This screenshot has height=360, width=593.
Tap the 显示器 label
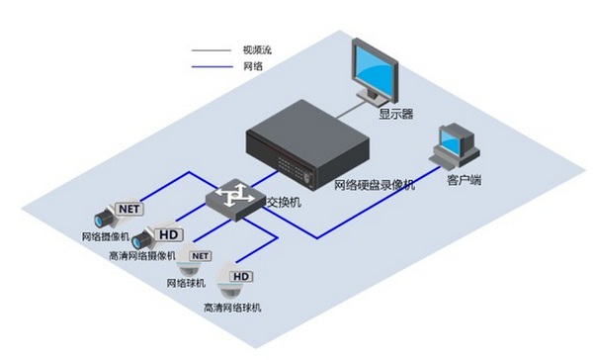(x=396, y=113)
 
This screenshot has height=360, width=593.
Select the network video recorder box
(x=305, y=144)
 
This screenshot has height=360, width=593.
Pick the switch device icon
(x=234, y=199)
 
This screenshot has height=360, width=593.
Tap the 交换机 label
(x=283, y=202)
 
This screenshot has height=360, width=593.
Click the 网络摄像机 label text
(x=105, y=237)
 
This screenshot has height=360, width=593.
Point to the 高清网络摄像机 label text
(x=142, y=256)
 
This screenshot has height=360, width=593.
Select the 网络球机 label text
(x=189, y=284)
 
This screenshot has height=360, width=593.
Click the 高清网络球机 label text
(x=232, y=308)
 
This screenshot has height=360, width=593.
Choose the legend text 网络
(x=252, y=65)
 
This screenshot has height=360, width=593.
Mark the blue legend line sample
(x=211, y=65)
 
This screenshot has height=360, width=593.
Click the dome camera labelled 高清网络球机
(x=235, y=289)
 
